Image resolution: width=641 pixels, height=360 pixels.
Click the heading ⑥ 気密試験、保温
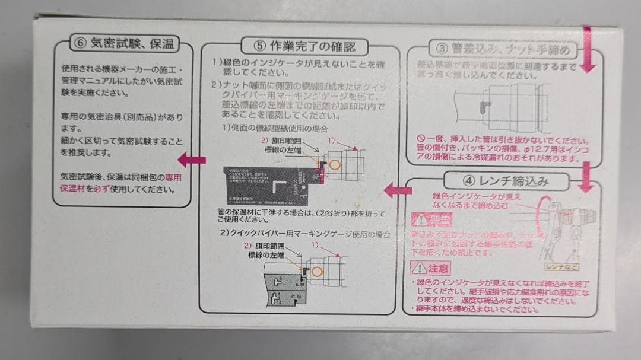[123, 43]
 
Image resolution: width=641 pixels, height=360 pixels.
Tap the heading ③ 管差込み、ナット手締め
[502, 50]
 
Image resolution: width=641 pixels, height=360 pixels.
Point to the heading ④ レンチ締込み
[504, 181]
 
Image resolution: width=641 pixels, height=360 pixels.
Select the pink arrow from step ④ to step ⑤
[398, 190]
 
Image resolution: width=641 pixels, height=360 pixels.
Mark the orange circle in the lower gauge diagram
[318, 272]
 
